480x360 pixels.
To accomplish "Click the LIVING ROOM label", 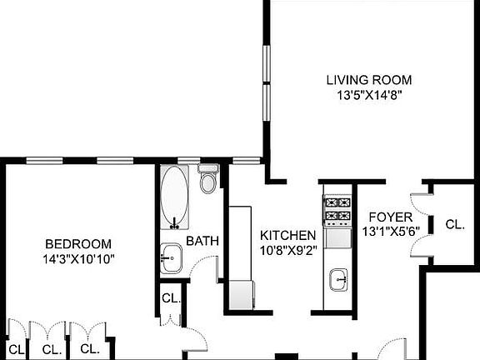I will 368,80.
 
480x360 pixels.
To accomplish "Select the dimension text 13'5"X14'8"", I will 368,94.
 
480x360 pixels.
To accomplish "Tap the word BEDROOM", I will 78,243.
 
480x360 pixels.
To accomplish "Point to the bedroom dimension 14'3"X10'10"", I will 78,258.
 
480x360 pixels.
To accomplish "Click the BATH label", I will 202,242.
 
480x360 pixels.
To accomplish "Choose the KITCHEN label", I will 287,235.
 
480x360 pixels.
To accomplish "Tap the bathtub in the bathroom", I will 175,197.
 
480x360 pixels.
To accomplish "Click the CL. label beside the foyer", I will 454,224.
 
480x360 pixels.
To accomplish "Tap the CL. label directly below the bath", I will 171,298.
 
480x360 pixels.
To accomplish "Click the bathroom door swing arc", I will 202,268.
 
